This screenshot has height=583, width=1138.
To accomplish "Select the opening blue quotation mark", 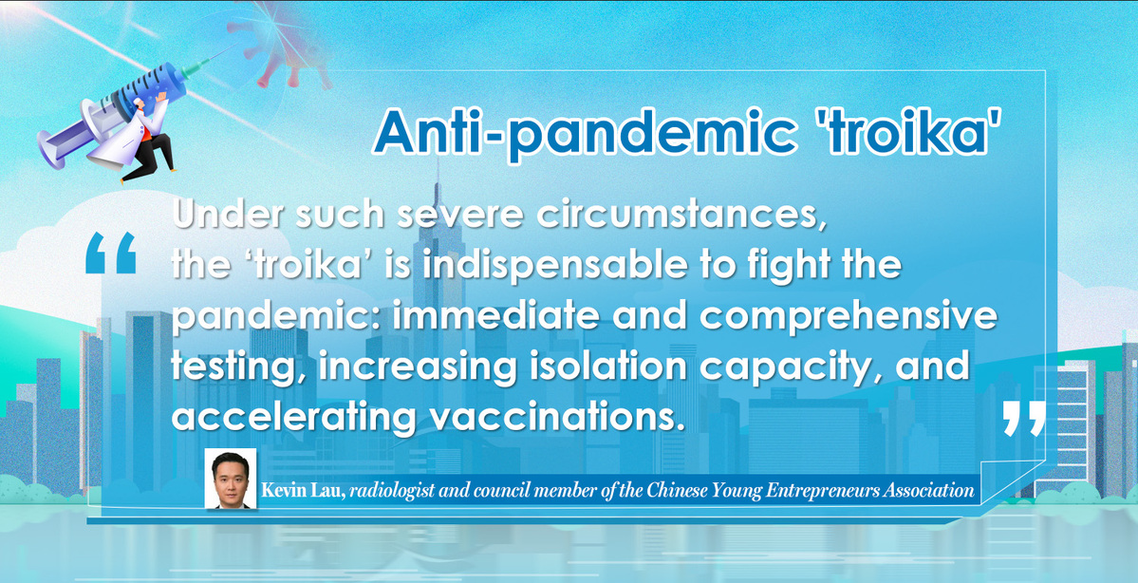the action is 110,253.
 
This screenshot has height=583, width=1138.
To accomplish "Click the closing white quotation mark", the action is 1024,418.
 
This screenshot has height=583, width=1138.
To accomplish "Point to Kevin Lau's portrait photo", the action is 231,479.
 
